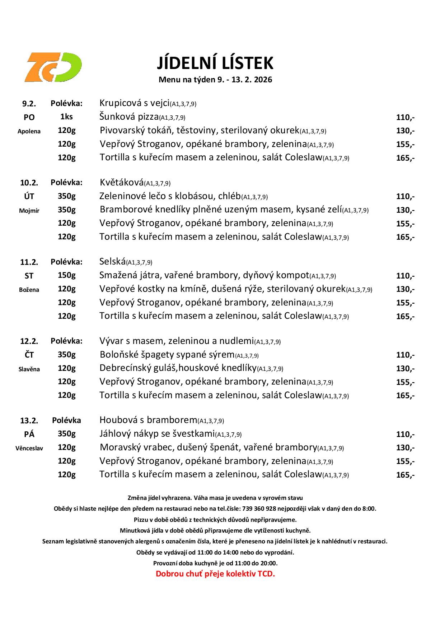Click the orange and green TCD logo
pos(53,67)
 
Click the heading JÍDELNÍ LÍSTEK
pos(215,63)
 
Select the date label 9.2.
pos(29,104)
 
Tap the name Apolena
pos(29,131)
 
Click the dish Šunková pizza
pos(129,117)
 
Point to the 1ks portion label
pos(66,117)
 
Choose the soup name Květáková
pos(122,183)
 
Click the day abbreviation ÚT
pos(29,196)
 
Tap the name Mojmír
pos(29,211)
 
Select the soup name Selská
pos(112,262)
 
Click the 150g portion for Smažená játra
pos(67,275)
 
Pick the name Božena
pos(29,290)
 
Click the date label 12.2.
pos(29,341)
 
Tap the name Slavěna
pos(29,369)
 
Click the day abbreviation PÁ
pos(29,434)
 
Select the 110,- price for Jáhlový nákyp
pos(405,434)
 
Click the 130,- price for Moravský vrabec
pos(405,448)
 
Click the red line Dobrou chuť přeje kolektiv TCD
pos(215,574)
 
